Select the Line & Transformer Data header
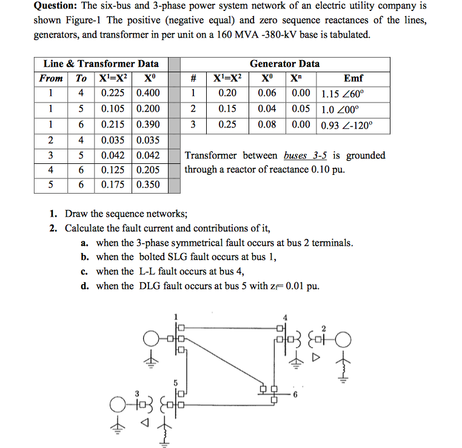(101, 64)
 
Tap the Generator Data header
(284, 64)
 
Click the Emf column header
(353, 78)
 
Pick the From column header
(51, 78)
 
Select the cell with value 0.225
(113, 93)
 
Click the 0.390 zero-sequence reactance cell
(149, 124)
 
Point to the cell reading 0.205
(149, 169)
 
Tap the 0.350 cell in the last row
(149, 185)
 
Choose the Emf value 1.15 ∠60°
(343, 94)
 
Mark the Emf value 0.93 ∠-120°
(347, 125)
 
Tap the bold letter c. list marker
(85, 271)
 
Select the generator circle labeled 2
(342, 339)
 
